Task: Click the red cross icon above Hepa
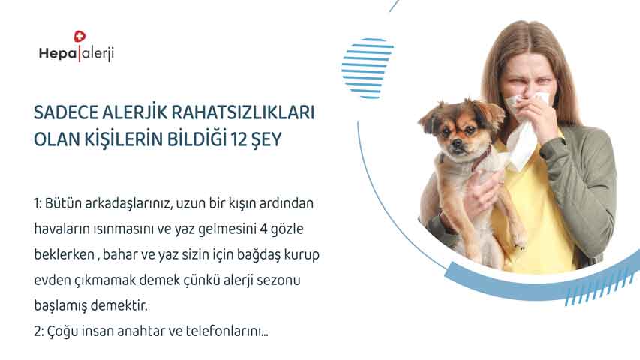coord(80,37)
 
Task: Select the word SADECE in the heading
coord(66,112)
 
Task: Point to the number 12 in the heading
coord(239,139)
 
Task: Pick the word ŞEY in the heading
coord(267,140)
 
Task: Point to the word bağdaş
coord(254,255)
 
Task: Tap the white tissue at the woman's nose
coord(524,130)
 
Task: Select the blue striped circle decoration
coord(367,68)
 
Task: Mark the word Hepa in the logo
coord(58,53)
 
